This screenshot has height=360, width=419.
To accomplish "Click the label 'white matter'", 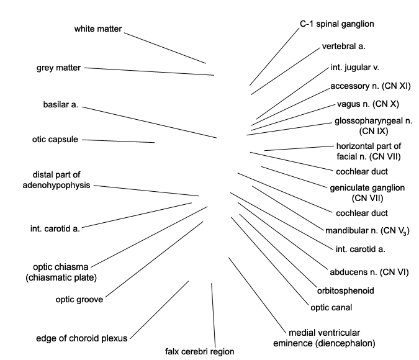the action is [98, 29].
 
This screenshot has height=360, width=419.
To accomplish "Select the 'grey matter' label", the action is [58, 68].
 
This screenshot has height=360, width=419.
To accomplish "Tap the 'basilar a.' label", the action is [61, 104].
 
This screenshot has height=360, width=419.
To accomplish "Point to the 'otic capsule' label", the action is [55, 140].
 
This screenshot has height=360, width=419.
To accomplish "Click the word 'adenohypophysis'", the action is [56, 185].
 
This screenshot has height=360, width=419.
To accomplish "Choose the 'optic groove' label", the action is [79, 300].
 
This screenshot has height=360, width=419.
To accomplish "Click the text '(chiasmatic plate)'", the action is [61, 277].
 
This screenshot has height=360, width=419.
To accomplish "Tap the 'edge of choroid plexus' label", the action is [82, 338].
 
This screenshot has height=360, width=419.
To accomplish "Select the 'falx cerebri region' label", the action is [200, 351].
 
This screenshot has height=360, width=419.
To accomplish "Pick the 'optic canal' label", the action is [331, 308].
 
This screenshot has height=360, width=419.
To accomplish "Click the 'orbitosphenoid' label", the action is [346, 290].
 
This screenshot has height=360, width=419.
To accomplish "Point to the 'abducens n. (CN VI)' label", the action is [369, 272].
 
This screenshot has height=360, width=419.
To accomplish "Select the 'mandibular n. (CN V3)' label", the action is [367, 231].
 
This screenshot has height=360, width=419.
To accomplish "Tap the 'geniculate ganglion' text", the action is [367, 188].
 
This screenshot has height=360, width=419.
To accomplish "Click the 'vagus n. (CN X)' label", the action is [368, 104].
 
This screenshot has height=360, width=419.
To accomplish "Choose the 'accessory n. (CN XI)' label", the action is [371, 86].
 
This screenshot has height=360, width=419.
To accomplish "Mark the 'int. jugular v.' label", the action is [355, 68].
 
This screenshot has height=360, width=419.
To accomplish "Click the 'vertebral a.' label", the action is [344, 47].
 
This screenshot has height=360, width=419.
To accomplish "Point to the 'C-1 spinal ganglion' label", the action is [337, 24].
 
